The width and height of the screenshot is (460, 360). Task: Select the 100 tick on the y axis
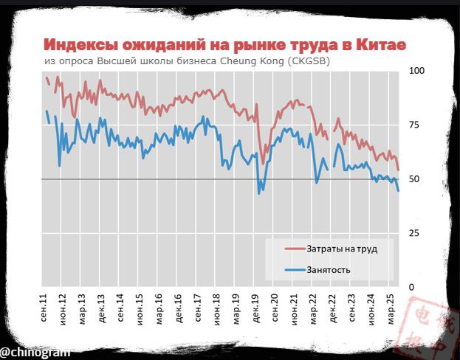click(x=416, y=71)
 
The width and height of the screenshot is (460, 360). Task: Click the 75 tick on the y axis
click(x=414, y=125)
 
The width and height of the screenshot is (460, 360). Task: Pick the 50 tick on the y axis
click(x=414, y=179)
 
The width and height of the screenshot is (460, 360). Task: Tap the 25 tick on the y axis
click(x=414, y=233)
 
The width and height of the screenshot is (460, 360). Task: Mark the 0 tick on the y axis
click(x=411, y=287)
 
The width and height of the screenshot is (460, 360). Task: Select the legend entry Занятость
click(x=328, y=269)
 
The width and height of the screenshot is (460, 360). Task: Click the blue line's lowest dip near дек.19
click(x=258, y=193)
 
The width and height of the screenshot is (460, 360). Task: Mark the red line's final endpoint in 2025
click(x=398, y=170)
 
